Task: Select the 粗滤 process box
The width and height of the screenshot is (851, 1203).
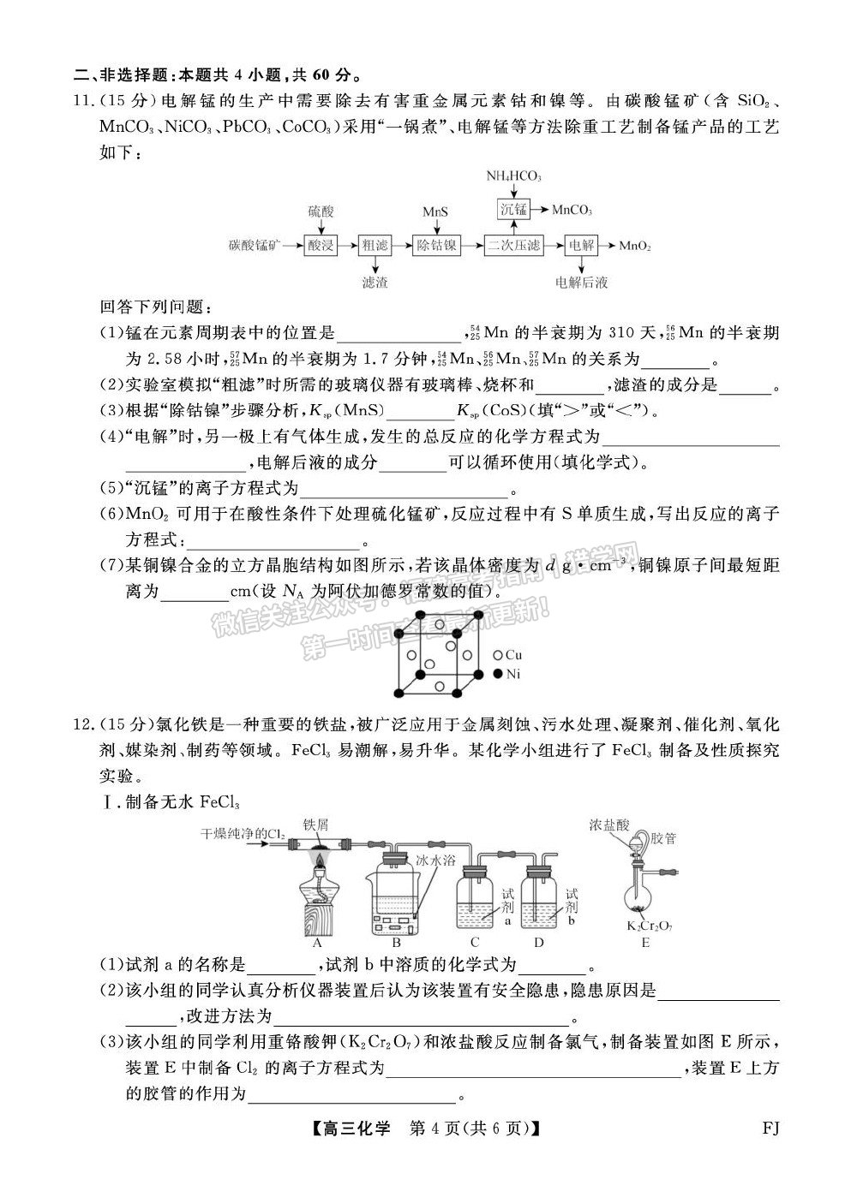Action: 375,246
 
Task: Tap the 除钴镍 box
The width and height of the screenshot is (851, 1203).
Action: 436,246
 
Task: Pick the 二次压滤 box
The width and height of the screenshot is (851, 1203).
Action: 513,246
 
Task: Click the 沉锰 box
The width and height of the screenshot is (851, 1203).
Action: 513,209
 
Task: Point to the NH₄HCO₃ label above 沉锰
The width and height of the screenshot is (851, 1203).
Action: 513,176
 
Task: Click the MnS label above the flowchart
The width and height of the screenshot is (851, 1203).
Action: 435,211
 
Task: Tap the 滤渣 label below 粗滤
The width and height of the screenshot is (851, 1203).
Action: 375,282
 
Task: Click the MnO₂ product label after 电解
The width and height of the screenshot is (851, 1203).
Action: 635,246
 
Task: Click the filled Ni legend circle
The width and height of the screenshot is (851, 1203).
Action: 497,674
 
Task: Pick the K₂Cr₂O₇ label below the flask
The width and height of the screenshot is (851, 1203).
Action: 645,925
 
